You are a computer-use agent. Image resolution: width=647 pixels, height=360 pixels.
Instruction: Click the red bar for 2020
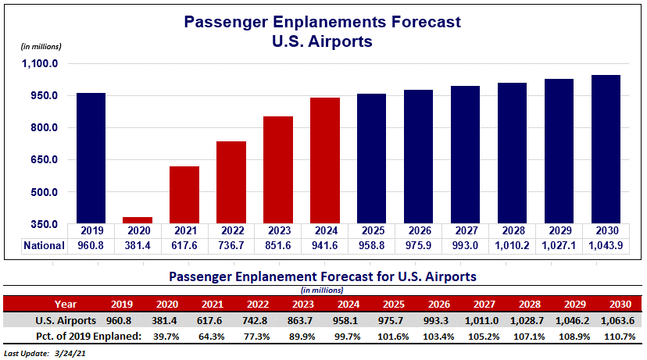pyautogui.click(x=138, y=220)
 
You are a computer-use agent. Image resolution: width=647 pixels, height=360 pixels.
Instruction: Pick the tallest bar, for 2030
pyautogui.click(x=606, y=149)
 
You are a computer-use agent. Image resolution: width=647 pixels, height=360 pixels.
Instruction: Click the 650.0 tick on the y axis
pyautogui.click(x=44, y=160)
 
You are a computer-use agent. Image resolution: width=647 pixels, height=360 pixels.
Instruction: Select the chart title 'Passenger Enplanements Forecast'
pyautogui.click(x=323, y=22)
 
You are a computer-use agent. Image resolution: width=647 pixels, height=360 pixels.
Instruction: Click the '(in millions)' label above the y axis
pyautogui.click(x=40, y=47)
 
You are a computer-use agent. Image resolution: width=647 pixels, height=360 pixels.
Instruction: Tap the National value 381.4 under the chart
pyautogui.click(x=138, y=245)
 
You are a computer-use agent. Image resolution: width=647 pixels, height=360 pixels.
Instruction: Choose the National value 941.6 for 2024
pyautogui.click(x=325, y=245)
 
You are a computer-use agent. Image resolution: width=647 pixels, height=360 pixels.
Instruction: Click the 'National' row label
pyautogui.click(x=43, y=245)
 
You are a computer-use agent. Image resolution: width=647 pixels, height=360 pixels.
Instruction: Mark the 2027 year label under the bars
pyautogui.click(x=466, y=231)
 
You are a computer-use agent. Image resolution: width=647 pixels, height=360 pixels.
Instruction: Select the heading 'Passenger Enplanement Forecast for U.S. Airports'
pyautogui.click(x=323, y=276)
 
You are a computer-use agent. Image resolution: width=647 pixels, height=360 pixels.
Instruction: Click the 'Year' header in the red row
pyautogui.click(x=66, y=304)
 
